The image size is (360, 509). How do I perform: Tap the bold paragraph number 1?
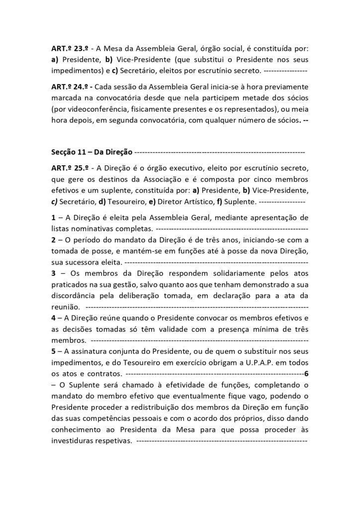(x=53, y=217)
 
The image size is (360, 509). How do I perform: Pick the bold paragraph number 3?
(x=53, y=273)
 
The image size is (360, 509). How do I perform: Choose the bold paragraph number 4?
(x=53, y=318)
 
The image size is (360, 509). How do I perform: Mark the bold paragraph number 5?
(x=53, y=351)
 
